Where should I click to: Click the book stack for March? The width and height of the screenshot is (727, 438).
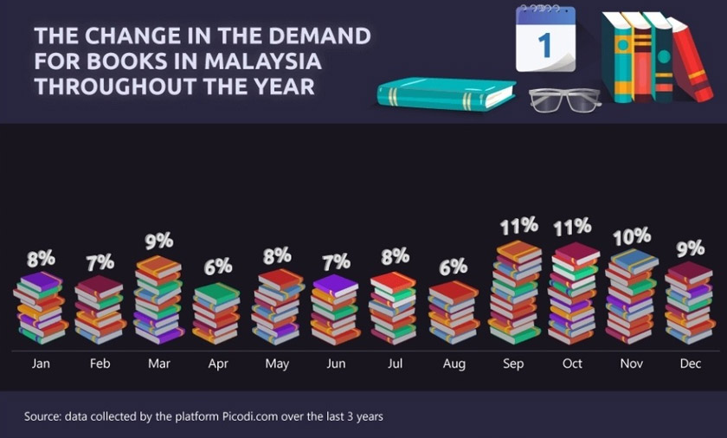(x=159, y=300)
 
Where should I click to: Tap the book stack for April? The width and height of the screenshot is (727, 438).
(x=216, y=313)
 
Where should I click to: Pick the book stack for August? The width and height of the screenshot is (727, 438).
(x=454, y=312)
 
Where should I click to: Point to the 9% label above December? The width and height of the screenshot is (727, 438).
(x=690, y=248)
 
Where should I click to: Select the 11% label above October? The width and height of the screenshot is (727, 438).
(x=572, y=227)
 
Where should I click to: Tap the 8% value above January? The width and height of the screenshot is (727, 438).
(x=41, y=258)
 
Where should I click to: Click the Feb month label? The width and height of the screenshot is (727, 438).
(x=100, y=364)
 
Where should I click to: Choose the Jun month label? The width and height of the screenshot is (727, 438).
(x=336, y=364)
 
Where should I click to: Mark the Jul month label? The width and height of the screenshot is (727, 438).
(x=395, y=364)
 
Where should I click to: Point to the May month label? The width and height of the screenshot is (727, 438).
(x=277, y=364)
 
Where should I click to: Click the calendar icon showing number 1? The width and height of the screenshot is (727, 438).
(x=545, y=40)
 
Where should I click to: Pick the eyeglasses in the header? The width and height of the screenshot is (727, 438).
(x=564, y=100)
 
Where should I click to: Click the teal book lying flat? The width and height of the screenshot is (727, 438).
(x=445, y=93)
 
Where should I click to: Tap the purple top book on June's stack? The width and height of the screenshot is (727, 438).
(x=336, y=284)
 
